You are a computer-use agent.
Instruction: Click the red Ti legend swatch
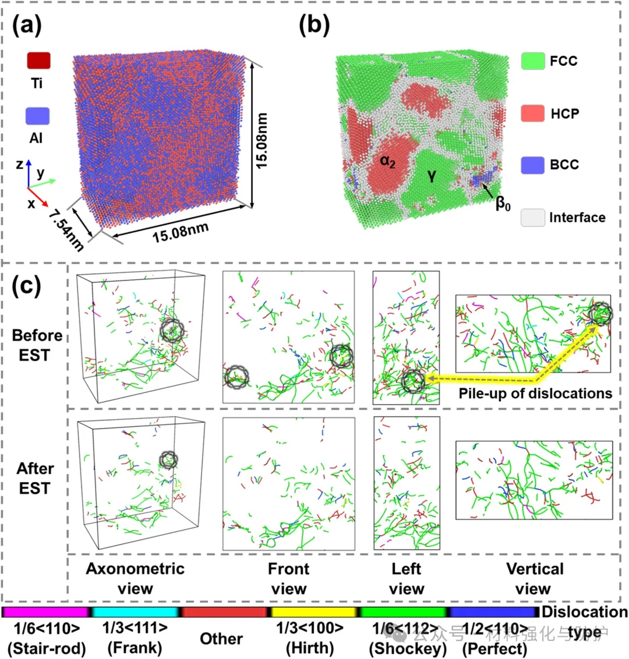coord(38,61)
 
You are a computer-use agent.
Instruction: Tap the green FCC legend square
coord(533,60)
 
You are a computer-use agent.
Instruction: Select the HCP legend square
coord(533,113)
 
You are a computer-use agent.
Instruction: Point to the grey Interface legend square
coord(533,218)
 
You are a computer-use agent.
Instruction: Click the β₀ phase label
coord(502,205)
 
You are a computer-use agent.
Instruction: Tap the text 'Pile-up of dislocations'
coord(535,393)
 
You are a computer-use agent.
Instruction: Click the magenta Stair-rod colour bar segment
coord(45,612)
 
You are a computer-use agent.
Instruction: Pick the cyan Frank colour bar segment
coord(135,612)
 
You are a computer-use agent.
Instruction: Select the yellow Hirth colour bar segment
coord(314,612)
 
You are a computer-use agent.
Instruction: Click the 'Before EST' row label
coord(37,345)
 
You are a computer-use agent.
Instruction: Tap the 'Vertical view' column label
coord(535,579)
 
